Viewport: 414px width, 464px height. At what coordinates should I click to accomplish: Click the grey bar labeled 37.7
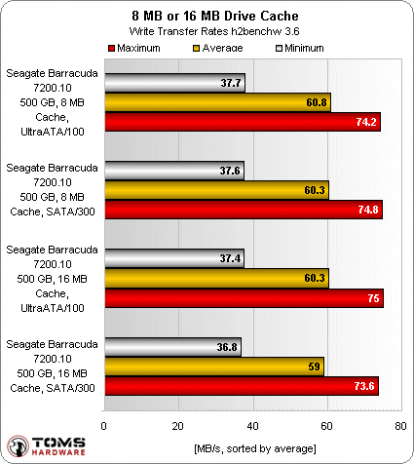(x=173, y=83)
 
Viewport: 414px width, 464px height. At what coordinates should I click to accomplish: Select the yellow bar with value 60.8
(x=216, y=102)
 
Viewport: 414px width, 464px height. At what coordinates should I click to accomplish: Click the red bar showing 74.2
(x=242, y=123)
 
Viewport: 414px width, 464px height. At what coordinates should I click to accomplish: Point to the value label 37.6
(x=231, y=171)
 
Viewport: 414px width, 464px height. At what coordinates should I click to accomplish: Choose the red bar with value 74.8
(x=243, y=210)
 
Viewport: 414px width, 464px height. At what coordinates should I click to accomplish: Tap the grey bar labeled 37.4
(x=173, y=258)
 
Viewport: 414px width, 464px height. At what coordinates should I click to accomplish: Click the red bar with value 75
(x=243, y=297)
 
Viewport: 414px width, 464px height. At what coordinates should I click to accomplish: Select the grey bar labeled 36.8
(x=171, y=347)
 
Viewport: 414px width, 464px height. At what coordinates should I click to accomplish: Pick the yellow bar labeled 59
(x=213, y=367)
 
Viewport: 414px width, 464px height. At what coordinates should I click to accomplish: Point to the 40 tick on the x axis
(x=252, y=425)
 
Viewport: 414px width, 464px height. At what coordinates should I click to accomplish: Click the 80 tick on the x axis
(x=401, y=425)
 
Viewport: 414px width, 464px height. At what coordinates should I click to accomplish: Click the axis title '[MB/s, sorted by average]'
(x=253, y=446)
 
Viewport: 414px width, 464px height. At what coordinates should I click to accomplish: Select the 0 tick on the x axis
(x=103, y=425)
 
